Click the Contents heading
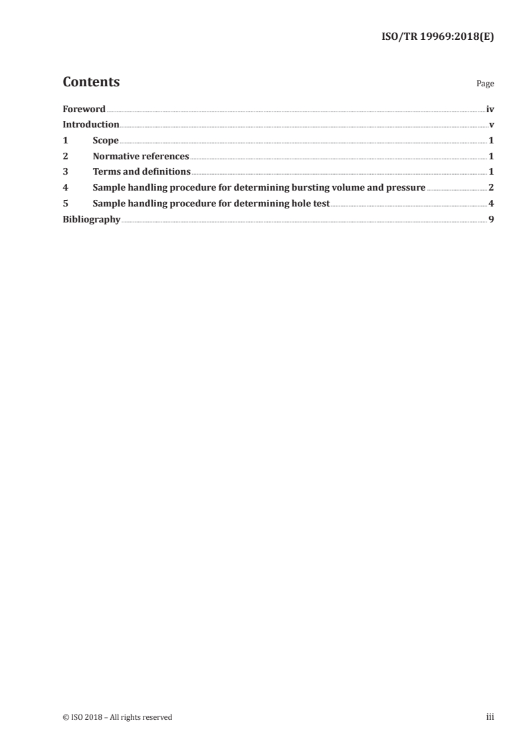point(91,82)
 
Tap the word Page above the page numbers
point(485,84)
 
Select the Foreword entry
point(84,109)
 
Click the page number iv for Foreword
point(490,109)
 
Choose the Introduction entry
point(91,125)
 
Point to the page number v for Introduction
point(491,125)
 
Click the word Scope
point(106,141)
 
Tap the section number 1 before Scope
point(65,141)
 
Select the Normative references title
point(141,157)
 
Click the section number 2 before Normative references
point(65,157)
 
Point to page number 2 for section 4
point(491,188)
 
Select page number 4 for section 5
point(491,204)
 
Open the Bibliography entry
point(91,220)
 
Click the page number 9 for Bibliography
point(491,220)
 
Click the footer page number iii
point(490,717)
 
